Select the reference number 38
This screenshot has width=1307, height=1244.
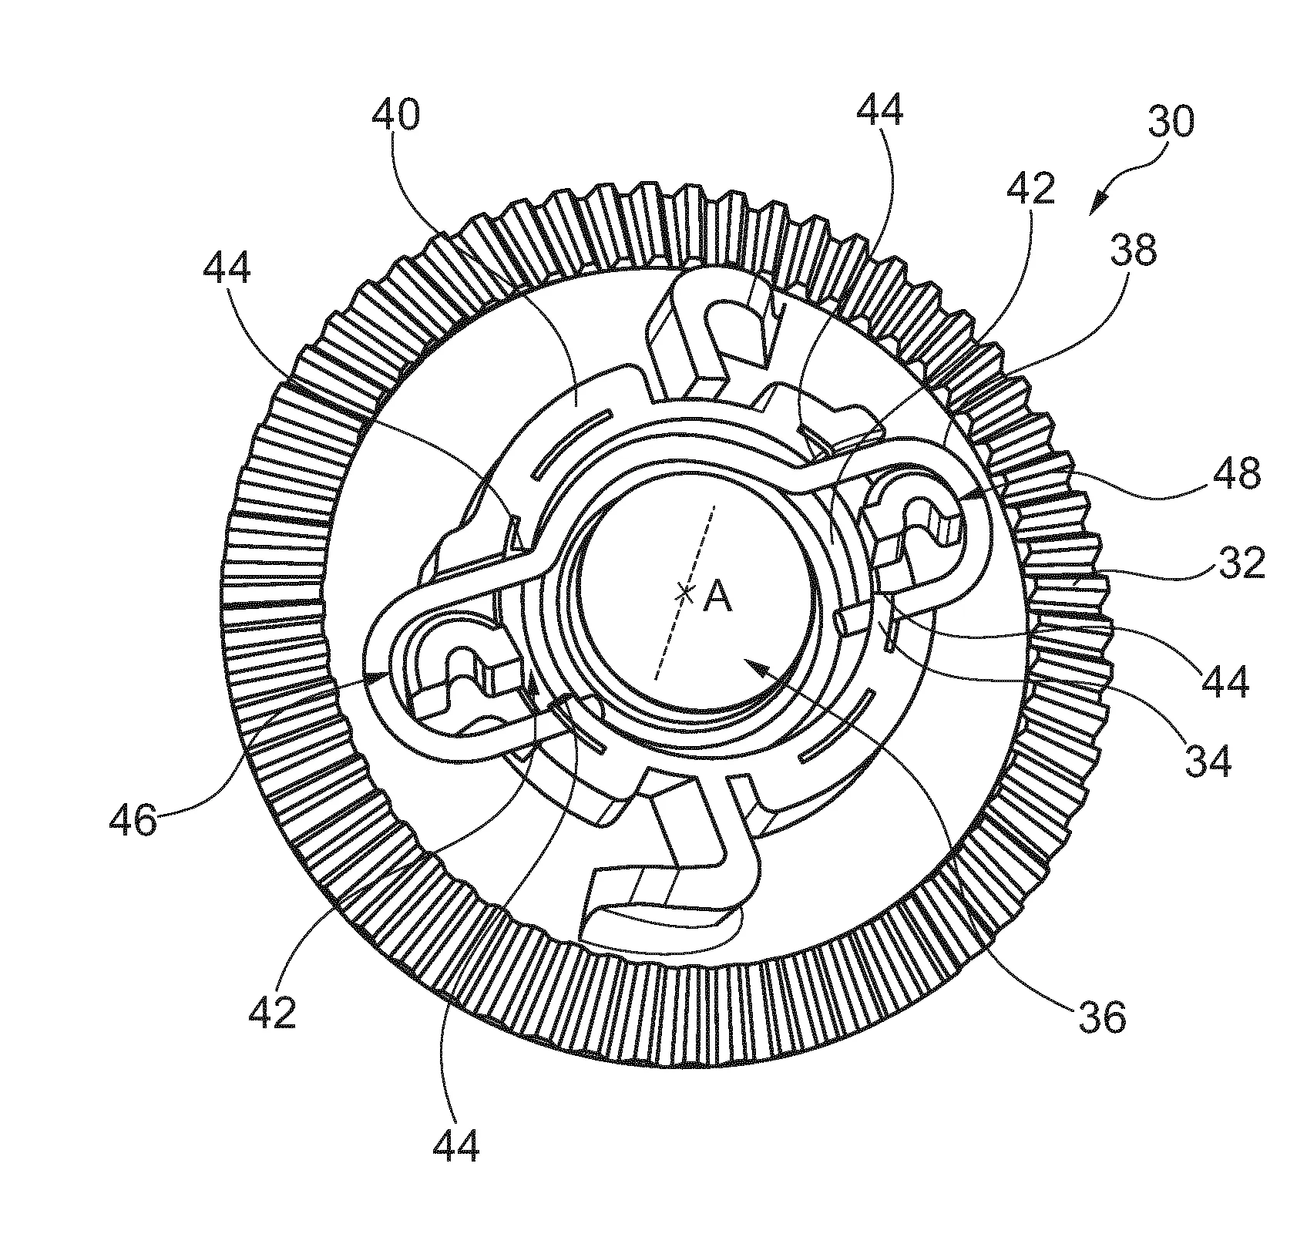pyautogui.click(x=1134, y=252)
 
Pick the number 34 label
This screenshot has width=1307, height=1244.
pyautogui.click(x=1208, y=761)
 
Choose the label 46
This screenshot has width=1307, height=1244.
pyautogui.click(x=133, y=821)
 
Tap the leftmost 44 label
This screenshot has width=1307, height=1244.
pyautogui.click(x=227, y=271)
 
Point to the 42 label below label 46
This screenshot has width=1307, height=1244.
pyautogui.click(x=272, y=1013)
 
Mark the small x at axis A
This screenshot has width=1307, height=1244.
pyautogui.click(x=684, y=593)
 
